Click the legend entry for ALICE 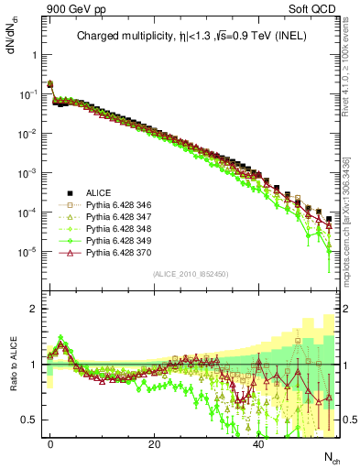pos(99,193)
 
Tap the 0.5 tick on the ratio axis pos(31,420)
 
